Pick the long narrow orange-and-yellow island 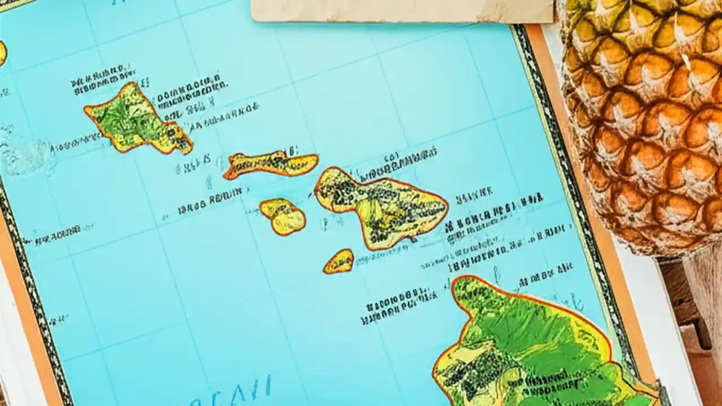coord(271,164)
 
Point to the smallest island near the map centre coord(338,262)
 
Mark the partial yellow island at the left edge coord(2,54)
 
